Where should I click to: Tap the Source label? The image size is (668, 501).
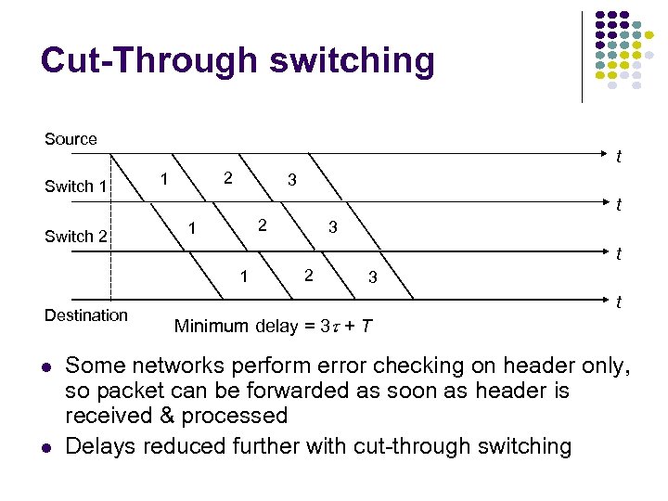(x=71, y=139)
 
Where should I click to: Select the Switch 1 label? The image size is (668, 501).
(x=76, y=186)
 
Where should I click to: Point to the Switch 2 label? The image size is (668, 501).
(x=76, y=237)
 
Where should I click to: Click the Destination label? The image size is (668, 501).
(x=86, y=315)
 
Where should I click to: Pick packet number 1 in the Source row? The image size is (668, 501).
(x=163, y=177)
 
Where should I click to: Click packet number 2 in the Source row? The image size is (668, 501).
(x=227, y=177)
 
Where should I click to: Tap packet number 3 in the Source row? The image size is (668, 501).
(x=291, y=180)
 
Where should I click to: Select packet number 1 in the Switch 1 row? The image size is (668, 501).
(x=191, y=227)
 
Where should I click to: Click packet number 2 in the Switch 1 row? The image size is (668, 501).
(x=263, y=225)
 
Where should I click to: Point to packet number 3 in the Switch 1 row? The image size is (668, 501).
(x=331, y=227)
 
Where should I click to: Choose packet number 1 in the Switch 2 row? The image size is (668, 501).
(x=243, y=275)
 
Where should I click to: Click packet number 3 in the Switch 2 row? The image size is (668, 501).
(x=372, y=276)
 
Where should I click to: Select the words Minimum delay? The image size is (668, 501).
(x=225, y=326)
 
